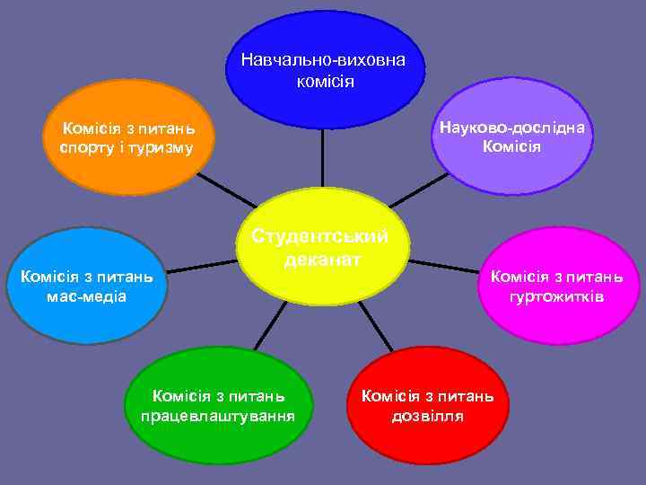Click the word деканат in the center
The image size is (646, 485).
(x=322, y=260)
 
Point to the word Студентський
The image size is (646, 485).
(x=320, y=237)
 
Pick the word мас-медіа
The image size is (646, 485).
(x=87, y=295)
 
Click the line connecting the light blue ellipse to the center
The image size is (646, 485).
(x=202, y=267)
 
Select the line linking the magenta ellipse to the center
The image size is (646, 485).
(x=444, y=266)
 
